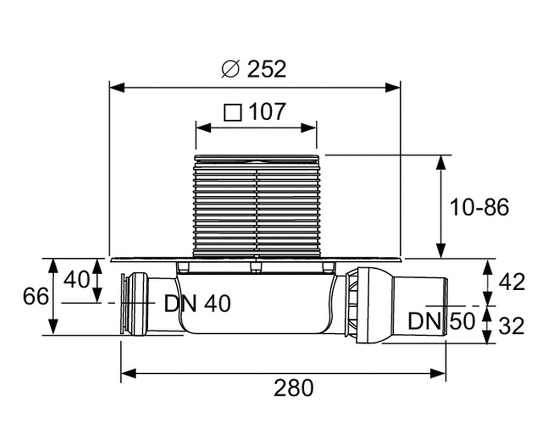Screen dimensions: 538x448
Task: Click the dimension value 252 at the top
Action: pyautogui.click(x=267, y=69)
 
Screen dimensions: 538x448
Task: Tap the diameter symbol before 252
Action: pyautogui.click(x=230, y=69)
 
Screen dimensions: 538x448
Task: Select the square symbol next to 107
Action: pyautogui.click(x=233, y=112)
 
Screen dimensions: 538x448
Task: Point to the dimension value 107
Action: pyautogui.click(x=268, y=112)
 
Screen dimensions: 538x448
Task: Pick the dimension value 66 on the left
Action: pyautogui.click(x=36, y=296)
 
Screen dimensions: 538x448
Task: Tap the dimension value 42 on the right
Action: pyautogui.click(x=512, y=282)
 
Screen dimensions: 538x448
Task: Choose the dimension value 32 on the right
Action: pyautogui.click(x=511, y=326)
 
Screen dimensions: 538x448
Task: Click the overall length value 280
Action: pyautogui.click(x=294, y=388)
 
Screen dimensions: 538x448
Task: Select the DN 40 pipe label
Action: pyautogui.click(x=197, y=304)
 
